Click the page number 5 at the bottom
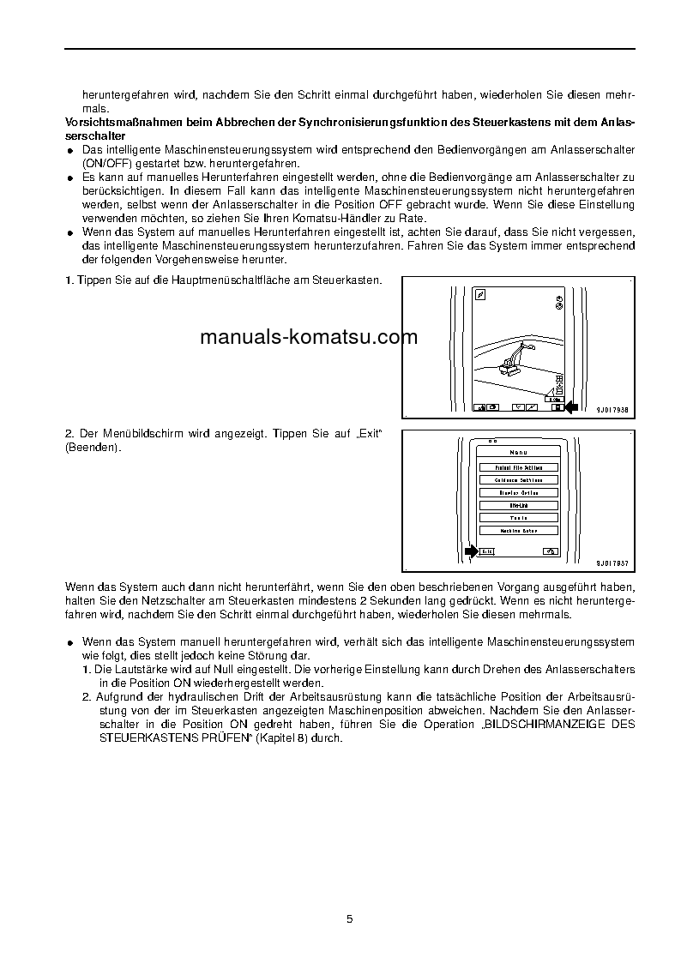tap(349, 918)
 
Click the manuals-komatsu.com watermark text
tap(309, 337)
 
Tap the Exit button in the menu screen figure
tap(486, 551)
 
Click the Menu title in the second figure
tap(519, 453)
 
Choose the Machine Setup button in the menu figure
tap(519, 531)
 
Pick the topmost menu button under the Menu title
tap(519, 467)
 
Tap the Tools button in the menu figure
tap(519, 518)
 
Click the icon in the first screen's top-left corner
tap(481, 294)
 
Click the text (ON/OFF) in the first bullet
tap(107, 163)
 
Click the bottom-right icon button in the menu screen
tap(550, 551)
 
